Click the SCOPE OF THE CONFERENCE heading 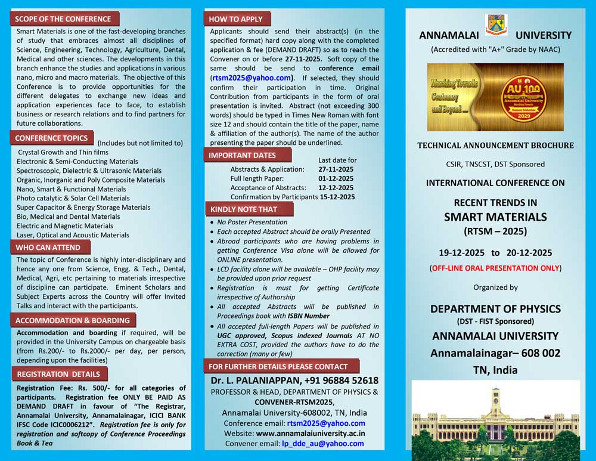click(63, 19)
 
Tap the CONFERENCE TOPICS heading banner click(51, 138)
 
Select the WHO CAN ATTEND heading click(48, 247)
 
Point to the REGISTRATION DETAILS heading click(58, 374)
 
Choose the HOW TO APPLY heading click(235, 18)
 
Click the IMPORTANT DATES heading click(242, 155)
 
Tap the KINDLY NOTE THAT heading click(243, 209)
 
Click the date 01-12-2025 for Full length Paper click(336, 178)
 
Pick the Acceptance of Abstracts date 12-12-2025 click(336, 187)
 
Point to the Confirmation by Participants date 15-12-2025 click(337, 197)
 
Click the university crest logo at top click(496, 25)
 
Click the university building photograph click(495, 419)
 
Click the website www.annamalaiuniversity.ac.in click(311, 434)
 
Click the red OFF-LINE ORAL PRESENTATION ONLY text click(495, 268)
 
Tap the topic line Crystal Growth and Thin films click(63, 152)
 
